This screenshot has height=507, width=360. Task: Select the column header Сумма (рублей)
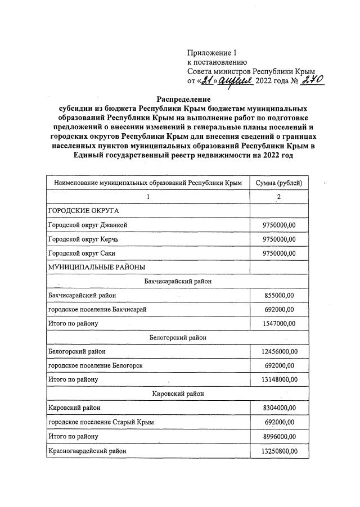tap(278, 183)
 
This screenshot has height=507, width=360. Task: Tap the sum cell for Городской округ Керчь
tap(279, 239)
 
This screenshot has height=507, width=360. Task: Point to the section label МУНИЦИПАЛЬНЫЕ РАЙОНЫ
tap(97, 267)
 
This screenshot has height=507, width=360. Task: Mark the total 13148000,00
tap(279, 379)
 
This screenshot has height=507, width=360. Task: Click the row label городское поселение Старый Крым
tap(101, 422)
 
